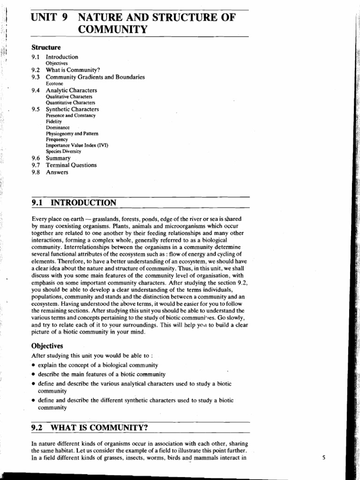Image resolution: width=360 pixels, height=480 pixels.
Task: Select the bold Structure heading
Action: [46, 47]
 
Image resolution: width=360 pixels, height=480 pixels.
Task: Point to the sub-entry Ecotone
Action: [54, 83]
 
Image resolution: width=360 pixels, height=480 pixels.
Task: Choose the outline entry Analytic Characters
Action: [71, 90]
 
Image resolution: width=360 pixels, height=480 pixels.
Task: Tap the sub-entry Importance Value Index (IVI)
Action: [77, 145]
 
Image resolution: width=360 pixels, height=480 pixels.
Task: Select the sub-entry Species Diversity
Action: [63, 151]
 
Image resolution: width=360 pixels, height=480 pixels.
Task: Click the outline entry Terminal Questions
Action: [71, 165]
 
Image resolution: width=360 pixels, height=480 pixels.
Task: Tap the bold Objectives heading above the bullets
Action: [47, 345]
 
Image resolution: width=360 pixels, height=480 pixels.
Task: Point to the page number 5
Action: [323, 457]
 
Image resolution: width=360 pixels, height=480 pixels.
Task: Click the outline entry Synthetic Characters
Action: [72, 109]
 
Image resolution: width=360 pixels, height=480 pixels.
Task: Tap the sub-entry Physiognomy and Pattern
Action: [72, 134]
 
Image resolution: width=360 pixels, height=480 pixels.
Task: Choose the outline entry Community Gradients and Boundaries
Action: [95, 77]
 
